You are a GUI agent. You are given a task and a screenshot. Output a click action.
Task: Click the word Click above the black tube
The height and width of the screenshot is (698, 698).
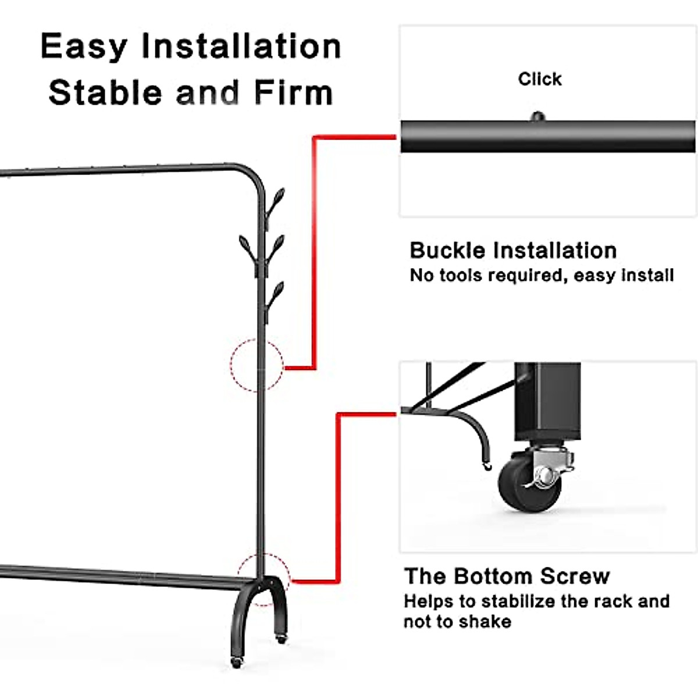(540, 79)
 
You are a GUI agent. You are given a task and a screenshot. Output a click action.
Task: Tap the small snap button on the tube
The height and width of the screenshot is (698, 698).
(537, 117)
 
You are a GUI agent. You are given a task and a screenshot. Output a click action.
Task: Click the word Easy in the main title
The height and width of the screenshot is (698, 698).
(83, 47)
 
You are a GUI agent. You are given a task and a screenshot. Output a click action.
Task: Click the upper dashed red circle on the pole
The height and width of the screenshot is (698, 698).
(257, 365)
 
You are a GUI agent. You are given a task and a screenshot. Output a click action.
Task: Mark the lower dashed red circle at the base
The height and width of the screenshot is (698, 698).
(263, 579)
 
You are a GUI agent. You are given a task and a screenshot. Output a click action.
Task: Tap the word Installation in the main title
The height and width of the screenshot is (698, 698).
(241, 47)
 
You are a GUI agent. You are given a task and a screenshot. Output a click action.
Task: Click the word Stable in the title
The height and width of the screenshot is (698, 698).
(105, 93)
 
